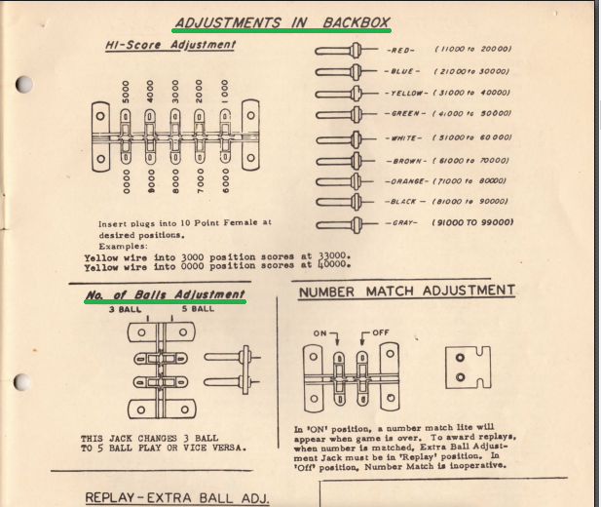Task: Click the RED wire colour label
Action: point(401,49)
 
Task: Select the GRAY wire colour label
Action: point(401,222)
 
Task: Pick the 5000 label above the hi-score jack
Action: point(125,94)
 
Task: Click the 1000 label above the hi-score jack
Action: point(223,95)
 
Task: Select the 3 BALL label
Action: point(126,309)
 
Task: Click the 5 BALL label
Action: point(199,309)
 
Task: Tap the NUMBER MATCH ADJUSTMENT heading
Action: point(406,291)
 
